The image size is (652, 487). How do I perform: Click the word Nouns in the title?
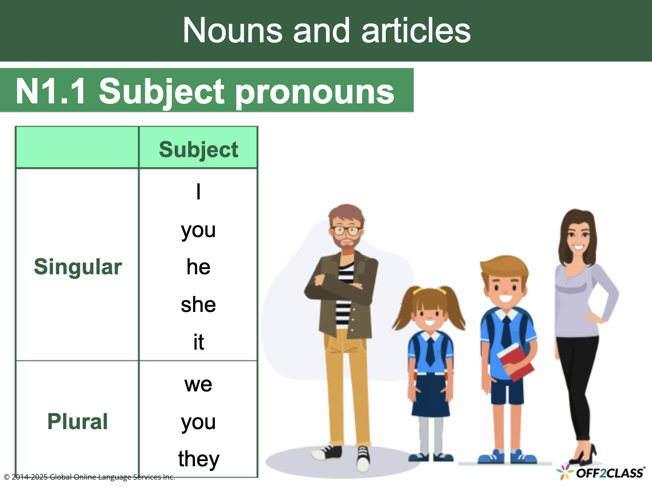pos(233,30)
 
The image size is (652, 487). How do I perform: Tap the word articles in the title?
pos(416,30)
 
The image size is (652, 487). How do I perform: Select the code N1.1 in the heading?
pos(51,91)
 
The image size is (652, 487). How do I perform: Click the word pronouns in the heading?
pos(315,91)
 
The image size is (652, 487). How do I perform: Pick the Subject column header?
pos(198,149)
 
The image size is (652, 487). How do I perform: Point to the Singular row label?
pos(78,266)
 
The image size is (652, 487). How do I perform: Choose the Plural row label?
pos(78,421)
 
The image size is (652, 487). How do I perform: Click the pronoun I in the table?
pos(198,191)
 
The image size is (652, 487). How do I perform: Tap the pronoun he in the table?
pos(198,266)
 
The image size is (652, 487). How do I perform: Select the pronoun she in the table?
pos(198,304)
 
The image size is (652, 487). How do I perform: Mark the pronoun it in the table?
pos(198,342)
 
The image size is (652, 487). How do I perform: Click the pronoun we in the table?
pos(198,384)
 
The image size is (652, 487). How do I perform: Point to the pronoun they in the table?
pos(199,459)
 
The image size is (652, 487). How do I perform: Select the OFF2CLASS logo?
pos(602,472)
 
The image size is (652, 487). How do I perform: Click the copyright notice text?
pos(89,477)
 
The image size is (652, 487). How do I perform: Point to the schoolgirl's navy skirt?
pos(430,395)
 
